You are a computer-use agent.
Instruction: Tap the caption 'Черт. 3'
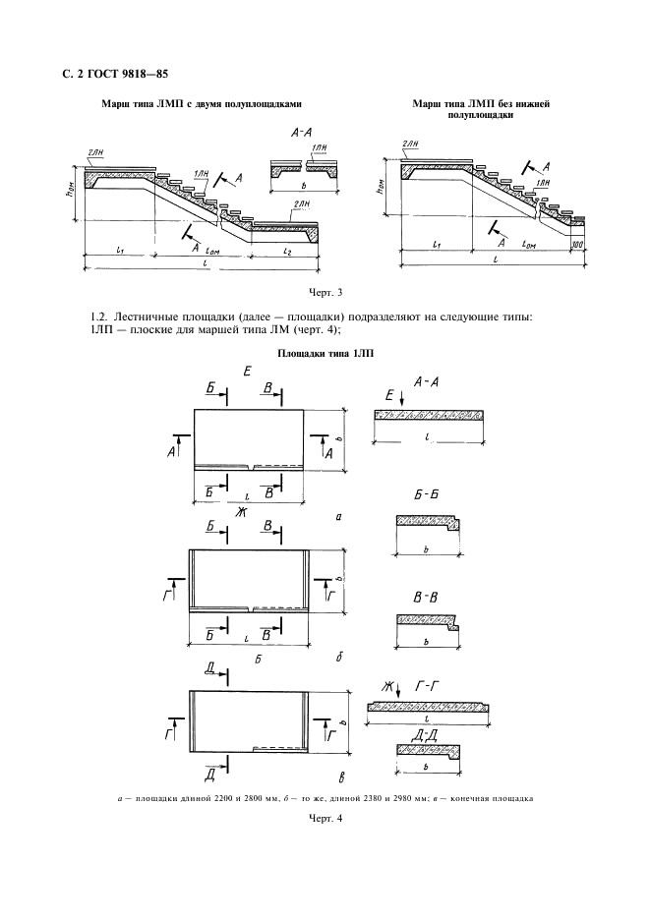[x=324, y=293]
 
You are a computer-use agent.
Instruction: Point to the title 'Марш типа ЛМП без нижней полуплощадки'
[x=471, y=108]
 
